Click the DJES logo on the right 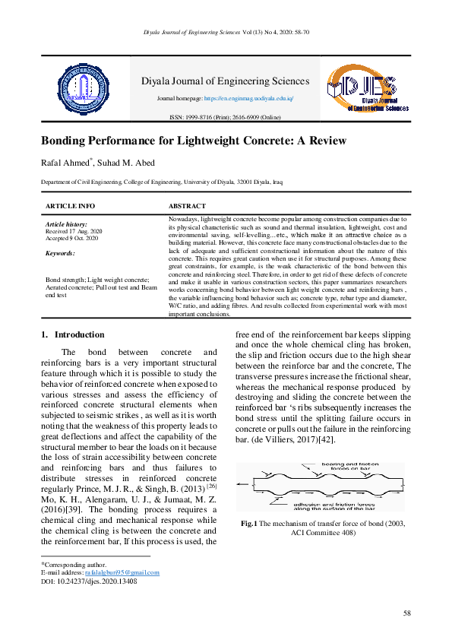pyautogui.click(x=367, y=90)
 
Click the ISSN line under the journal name pyautogui.click(x=225, y=118)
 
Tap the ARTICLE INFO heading pyautogui.click(x=71, y=206)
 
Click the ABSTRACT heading pyautogui.click(x=187, y=206)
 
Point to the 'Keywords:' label pyautogui.click(x=61, y=253)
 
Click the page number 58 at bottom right pyautogui.click(x=407, y=613)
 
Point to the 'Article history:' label pyautogui.click(x=67, y=225)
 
